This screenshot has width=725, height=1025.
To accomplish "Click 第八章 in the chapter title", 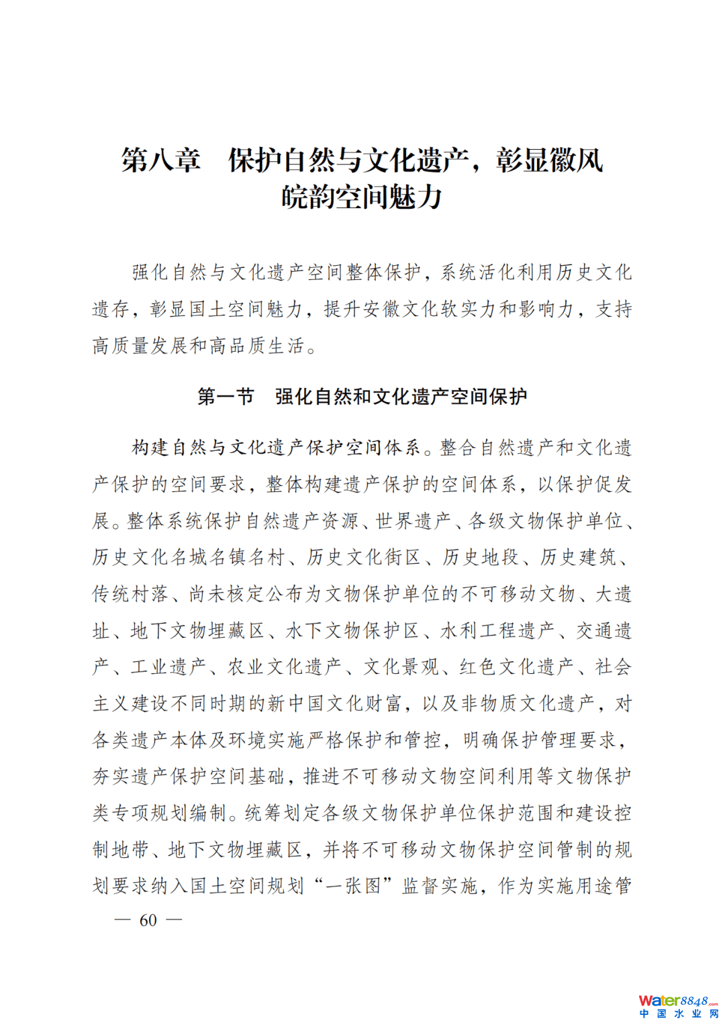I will pos(160,160).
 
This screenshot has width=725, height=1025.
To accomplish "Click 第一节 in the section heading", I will pos(226,397).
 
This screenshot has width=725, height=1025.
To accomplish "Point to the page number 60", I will pos(148,920).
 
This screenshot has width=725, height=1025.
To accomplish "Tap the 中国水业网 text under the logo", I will pos(678,1014).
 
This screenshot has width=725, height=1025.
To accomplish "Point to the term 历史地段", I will pos(481,557).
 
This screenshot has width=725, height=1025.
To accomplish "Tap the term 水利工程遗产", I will pos(497,630).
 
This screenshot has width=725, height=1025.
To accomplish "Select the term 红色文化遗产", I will pos(516,667).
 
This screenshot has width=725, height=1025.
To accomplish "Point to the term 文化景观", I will pos(401,667).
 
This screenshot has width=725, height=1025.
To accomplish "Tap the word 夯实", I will pos(111,777).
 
